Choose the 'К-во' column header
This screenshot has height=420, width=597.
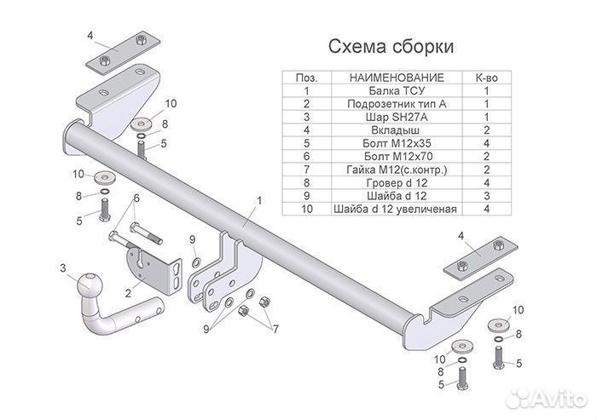point(486,78)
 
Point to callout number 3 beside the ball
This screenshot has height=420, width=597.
point(62,269)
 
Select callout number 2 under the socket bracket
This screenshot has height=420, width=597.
point(128,293)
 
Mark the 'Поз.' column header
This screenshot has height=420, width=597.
point(305,78)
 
